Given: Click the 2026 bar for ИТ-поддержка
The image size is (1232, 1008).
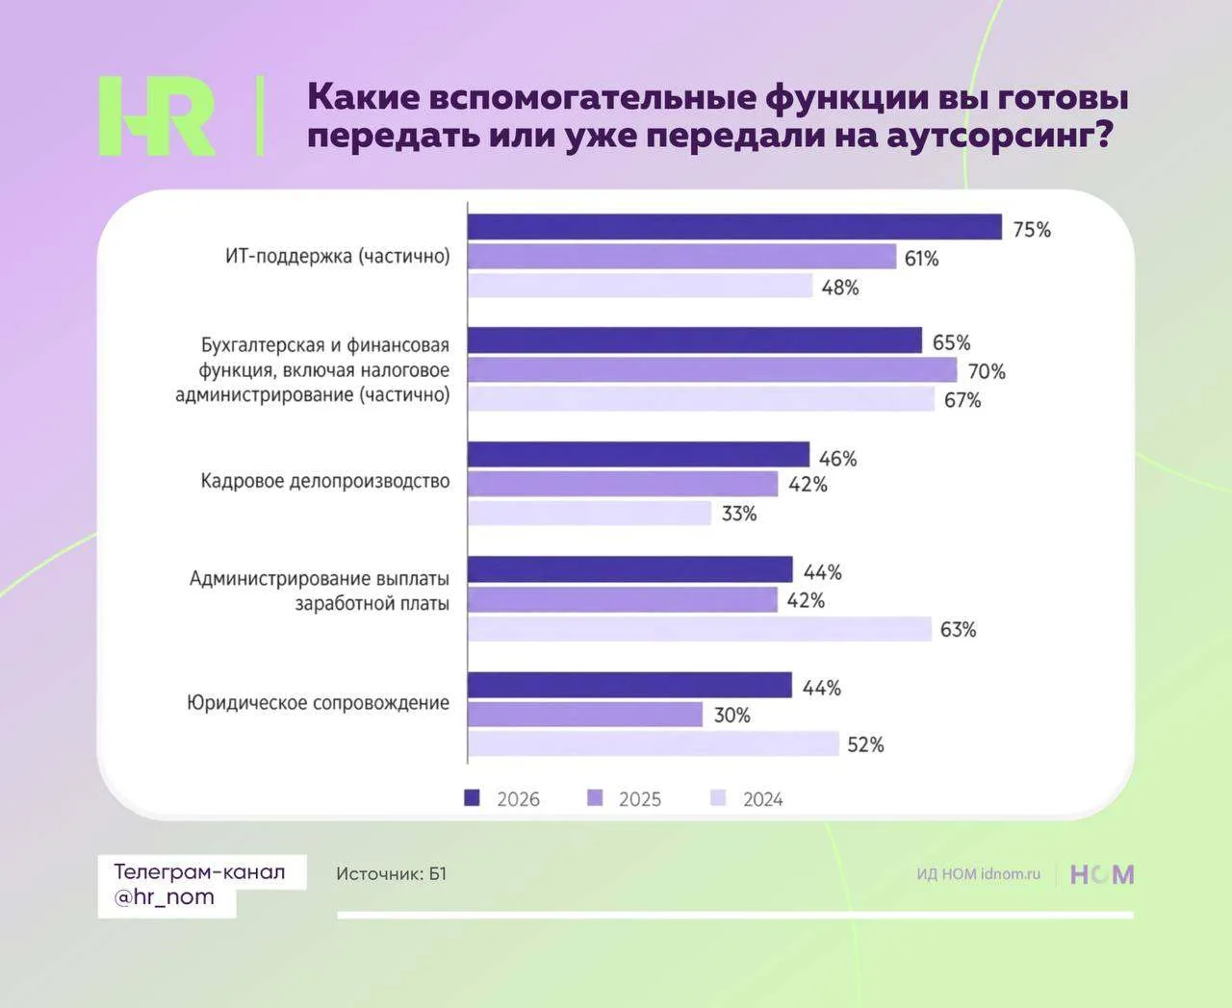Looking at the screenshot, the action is pyautogui.click(x=735, y=226).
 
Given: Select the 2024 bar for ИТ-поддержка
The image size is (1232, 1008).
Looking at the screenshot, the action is pyautogui.click(x=640, y=286).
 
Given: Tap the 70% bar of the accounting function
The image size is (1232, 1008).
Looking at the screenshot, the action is pyautogui.click(x=712, y=370).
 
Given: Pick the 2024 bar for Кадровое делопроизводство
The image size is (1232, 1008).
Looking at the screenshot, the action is pyautogui.click(x=589, y=513).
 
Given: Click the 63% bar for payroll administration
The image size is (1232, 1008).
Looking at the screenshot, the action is pyautogui.click(x=700, y=629).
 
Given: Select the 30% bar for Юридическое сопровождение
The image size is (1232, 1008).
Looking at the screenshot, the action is pyautogui.click(x=585, y=715).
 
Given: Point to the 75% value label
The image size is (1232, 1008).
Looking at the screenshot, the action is pyautogui.click(x=1032, y=230).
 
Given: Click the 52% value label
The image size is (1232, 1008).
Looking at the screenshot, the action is pyautogui.click(x=865, y=744).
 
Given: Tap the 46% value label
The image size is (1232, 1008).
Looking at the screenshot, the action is pyautogui.click(x=837, y=459).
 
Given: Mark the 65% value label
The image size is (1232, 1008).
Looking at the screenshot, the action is pyautogui.click(x=952, y=342).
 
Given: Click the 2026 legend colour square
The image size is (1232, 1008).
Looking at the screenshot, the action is pyautogui.click(x=472, y=798).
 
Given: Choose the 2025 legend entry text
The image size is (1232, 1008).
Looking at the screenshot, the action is pyautogui.click(x=640, y=799).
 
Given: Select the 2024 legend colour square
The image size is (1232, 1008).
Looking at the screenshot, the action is pyautogui.click(x=718, y=798).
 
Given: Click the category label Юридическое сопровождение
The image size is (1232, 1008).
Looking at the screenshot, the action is pyautogui.click(x=319, y=703).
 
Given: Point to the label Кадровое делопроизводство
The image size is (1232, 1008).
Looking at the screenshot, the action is pyautogui.click(x=325, y=482).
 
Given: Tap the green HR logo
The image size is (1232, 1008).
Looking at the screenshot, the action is pyautogui.click(x=157, y=116).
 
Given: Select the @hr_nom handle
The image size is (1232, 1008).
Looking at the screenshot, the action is pyautogui.click(x=165, y=897).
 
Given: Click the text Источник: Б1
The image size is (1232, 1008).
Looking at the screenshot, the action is pyautogui.click(x=392, y=873).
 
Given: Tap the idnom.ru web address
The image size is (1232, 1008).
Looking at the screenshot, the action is pyautogui.click(x=1011, y=873).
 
